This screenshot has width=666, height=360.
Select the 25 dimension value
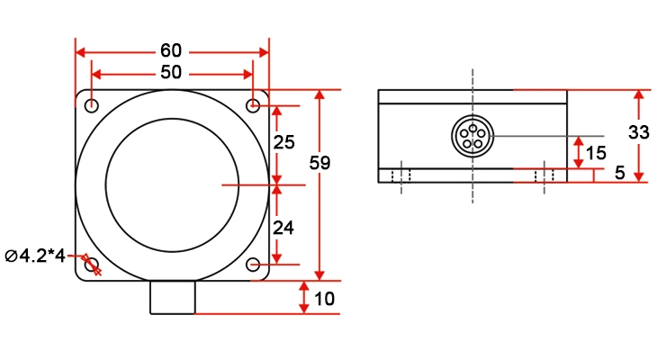(283, 143)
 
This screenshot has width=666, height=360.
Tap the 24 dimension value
(283, 228)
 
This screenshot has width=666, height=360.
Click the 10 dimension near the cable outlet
(325, 299)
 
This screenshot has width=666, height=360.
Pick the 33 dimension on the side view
(639, 131)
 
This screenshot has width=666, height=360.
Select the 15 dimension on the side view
(595, 153)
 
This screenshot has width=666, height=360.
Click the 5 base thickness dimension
(619, 173)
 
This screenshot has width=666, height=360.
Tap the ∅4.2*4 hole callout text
(35, 256)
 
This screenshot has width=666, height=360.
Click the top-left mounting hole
(92, 106)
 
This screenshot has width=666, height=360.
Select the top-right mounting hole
(254, 106)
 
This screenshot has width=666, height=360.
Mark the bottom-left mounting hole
(91, 264)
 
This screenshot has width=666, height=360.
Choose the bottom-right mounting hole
(254, 265)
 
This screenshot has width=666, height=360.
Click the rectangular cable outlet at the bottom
(172, 297)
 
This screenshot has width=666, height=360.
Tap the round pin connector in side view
(471, 136)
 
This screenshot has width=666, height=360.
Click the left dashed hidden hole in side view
(403, 176)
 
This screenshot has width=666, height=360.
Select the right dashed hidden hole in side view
(544, 176)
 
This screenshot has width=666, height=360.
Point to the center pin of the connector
(471, 137)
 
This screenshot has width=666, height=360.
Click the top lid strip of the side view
(472, 96)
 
